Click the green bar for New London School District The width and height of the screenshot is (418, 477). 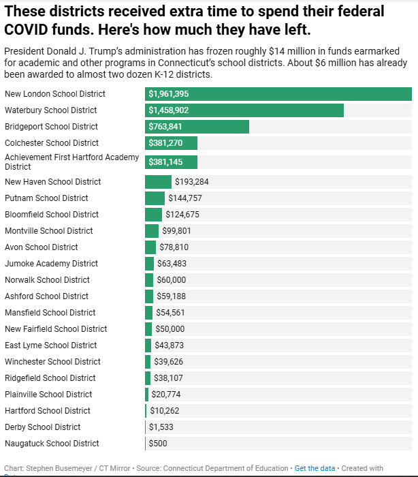(x=278, y=94)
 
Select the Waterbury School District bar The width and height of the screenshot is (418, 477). (x=244, y=110)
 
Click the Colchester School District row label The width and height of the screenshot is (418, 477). (x=52, y=143)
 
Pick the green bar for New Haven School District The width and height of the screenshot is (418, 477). (x=158, y=182)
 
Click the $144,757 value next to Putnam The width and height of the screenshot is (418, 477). (x=185, y=198)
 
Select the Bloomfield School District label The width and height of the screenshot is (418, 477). (x=52, y=215)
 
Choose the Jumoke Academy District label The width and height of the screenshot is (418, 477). (x=51, y=264)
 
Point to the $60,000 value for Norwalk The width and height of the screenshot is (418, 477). (x=172, y=280)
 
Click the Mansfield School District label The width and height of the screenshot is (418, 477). (x=50, y=313)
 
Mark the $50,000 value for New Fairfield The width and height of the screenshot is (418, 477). (x=171, y=329)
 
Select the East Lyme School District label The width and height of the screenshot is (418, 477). (x=51, y=345)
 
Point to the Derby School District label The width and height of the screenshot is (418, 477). (x=42, y=427)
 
